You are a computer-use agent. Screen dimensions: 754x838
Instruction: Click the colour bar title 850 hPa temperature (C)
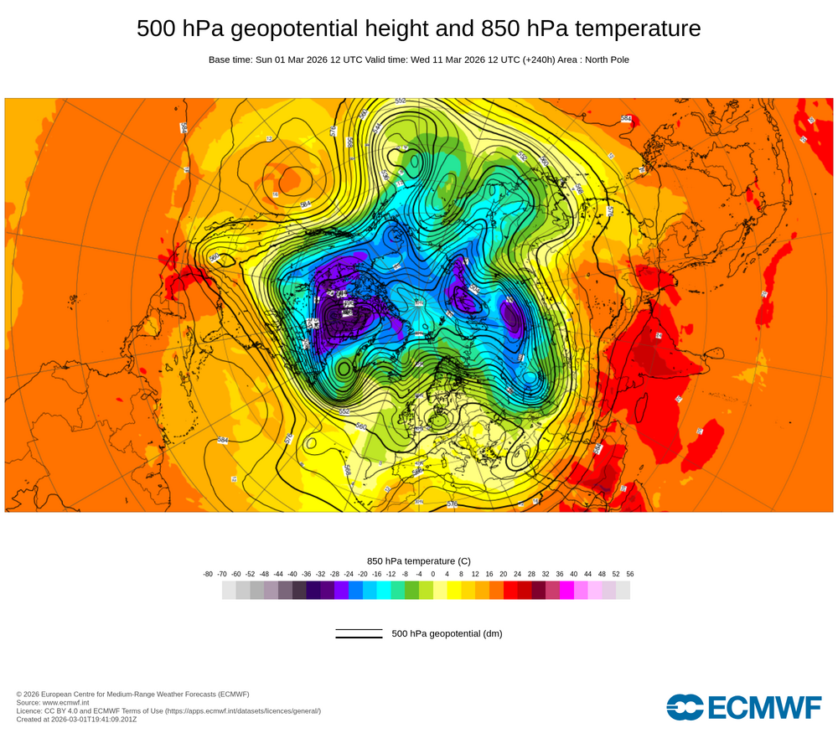[419, 560]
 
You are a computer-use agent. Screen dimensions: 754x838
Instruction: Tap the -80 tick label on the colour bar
[208, 574]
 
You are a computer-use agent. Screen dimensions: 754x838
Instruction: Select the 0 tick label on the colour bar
[433, 574]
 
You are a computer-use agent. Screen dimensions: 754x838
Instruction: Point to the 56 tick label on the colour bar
[630, 574]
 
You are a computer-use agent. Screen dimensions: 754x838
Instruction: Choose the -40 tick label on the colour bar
[292, 574]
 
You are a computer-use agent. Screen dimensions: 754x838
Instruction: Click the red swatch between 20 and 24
[510, 590]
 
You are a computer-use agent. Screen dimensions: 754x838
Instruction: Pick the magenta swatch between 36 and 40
[566, 590]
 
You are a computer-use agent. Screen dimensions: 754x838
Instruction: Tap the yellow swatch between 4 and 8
[454, 590]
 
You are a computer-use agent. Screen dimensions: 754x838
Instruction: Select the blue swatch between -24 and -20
[355, 590]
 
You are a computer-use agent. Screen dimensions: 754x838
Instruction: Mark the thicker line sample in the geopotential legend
[359, 638]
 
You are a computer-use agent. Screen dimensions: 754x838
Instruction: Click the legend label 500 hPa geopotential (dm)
[447, 633]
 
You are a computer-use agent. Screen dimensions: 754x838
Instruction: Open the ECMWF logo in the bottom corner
[744, 707]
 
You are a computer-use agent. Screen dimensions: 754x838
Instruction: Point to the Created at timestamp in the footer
[76, 719]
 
